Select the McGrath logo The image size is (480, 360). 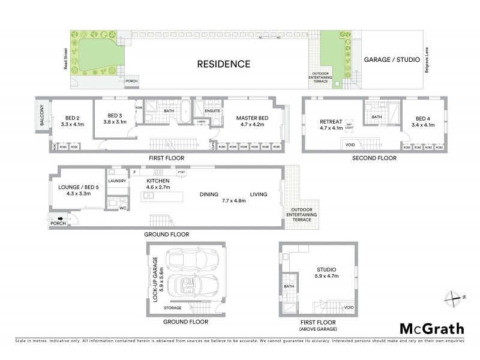pos(431,328)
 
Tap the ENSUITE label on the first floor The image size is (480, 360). pos(213,110)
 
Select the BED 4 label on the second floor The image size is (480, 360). pos(423,122)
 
